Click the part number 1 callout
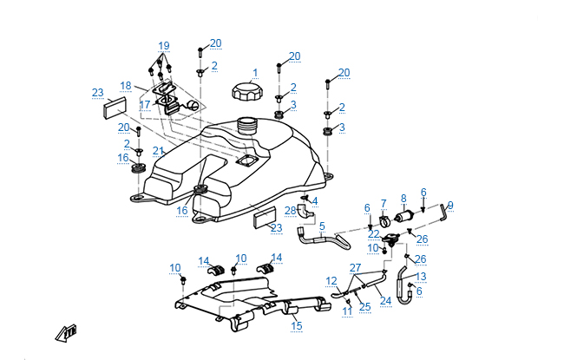coord(255,73)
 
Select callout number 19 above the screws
coord(164,45)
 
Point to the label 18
coord(126,85)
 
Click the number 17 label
coord(146,104)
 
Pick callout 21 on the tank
coord(158,151)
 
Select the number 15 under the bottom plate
coord(297,326)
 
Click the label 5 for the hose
coord(321,226)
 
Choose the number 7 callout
coord(384,203)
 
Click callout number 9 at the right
coord(450,205)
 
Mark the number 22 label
coord(373,234)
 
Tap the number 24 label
coord(385,301)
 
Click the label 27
coord(355,267)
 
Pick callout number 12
coord(331,280)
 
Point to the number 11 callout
coord(346,310)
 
